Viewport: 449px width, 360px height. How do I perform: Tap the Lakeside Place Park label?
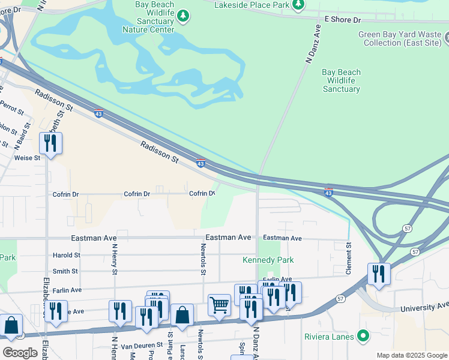click(x=252, y=5)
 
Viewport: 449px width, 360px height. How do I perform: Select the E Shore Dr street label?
click(x=344, y=19)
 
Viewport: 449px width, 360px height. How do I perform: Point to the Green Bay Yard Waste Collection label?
click(x=400, y=39)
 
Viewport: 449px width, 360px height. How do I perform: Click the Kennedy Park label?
click(x=268, y=260)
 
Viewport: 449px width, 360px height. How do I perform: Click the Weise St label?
click(x=27, y=158)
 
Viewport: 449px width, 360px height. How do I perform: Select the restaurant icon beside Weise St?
click(x=50, y=143)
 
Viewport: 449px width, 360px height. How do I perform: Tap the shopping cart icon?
click(x=219, y=305)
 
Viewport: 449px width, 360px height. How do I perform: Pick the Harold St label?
click(x=65, y=255)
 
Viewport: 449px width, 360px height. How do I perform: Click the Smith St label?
click(x=65, y=271)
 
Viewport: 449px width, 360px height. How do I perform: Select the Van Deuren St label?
click(x=142, y=345)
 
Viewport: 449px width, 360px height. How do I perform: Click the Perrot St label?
click(x=12, y=108)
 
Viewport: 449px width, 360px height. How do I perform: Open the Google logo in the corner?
click(x=20, y=352)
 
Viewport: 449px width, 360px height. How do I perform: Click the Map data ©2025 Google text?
click(x=412, y=355)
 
